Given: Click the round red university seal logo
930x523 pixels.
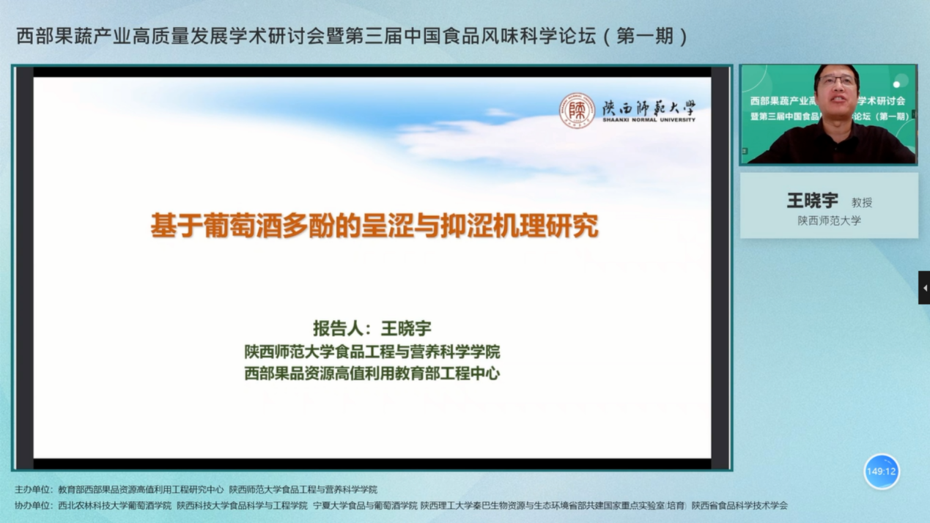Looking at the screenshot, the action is coord(577,111).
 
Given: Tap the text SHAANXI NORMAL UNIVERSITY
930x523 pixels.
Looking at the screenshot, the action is coord(649,120).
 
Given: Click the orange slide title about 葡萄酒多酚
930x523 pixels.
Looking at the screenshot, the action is coord(374,226).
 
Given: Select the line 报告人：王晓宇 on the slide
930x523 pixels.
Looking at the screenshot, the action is coord(372,328).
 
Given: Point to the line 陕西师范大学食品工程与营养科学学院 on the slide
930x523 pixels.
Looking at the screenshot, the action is coord(372,352).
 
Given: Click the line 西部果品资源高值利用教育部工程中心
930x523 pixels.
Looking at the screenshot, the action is coord(372,373).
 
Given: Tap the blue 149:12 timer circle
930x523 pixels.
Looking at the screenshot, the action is coord(882,472).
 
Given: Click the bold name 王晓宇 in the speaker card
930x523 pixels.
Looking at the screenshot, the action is coord(813,201).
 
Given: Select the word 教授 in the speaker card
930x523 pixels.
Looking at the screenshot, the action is coord(862,203).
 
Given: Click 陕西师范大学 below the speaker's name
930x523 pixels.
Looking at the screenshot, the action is coord(829,220).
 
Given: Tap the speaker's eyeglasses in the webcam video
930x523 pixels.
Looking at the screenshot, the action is coord(837,81).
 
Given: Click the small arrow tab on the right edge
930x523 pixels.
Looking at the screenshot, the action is coord(925,288).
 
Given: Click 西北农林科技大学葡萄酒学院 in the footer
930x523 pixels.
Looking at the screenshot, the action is coord(114,505).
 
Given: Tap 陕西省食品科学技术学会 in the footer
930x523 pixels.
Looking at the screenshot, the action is coord(739,505).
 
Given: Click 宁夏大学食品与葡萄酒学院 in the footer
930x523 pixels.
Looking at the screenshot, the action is coord(365,505).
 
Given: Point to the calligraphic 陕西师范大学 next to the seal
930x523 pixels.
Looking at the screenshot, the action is coord(649,108).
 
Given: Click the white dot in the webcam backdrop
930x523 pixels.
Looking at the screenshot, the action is coord(896,85).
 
